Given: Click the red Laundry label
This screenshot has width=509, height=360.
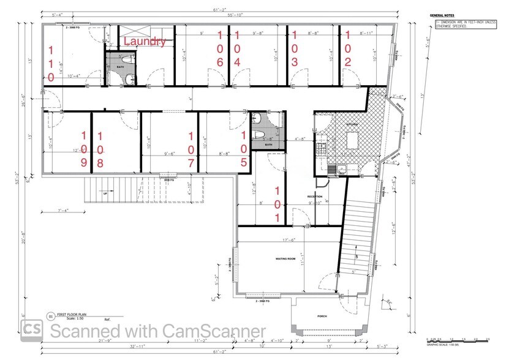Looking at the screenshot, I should click(x=145, y=42).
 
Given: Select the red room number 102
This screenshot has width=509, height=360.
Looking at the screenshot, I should click(x=348, y=48).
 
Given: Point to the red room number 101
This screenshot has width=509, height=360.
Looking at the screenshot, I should click(x=277, y=204).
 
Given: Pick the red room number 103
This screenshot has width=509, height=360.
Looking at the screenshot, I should click(x=295, y=48).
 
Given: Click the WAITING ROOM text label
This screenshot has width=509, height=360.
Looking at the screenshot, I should click(x=285, y=260).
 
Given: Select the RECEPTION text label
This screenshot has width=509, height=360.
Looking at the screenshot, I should click(x=314, y=197).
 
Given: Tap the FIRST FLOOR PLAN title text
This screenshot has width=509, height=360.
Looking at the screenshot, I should click(x=72, y=314).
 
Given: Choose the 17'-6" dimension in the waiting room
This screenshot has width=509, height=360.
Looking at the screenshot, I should click(x=285, y=239).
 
